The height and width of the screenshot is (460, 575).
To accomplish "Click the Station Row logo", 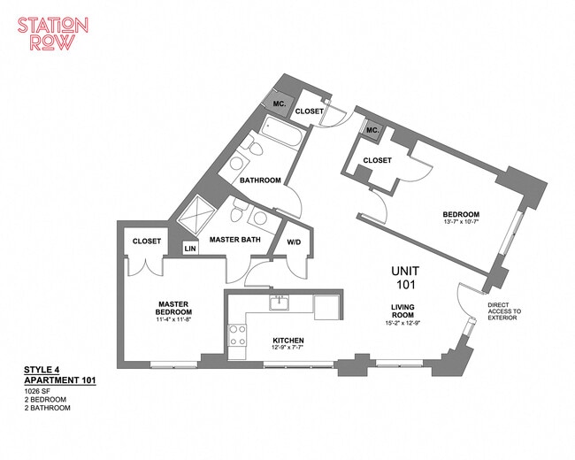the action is (53, 34).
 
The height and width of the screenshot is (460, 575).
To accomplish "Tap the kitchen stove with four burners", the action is (237, 335).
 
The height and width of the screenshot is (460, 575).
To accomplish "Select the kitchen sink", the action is (279, 303).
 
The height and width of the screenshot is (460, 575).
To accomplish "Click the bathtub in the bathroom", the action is (282, 134).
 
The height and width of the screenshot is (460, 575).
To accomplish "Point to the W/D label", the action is (294, 242).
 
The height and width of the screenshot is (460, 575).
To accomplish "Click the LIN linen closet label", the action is (190, 249).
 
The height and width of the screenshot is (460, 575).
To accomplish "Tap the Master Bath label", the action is (235, 240).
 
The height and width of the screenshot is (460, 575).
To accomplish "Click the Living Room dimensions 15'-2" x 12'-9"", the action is (402, 324).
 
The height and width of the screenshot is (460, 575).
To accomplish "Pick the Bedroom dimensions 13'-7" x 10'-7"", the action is (461, 221).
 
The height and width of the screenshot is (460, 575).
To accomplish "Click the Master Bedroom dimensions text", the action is (173, 319).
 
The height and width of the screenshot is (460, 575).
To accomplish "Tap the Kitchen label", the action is (287, 341).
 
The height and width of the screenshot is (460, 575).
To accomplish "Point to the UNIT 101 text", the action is (405, 277).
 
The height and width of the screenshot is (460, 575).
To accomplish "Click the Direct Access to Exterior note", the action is (504, 311).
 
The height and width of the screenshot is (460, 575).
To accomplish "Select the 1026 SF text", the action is (36, 391).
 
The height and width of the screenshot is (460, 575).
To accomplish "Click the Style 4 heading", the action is (42, 370).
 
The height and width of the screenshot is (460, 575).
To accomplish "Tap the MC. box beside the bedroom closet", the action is (372, 130).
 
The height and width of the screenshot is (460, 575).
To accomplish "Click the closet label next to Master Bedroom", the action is (147, 241).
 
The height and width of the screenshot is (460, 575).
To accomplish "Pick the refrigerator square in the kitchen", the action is (326, 307).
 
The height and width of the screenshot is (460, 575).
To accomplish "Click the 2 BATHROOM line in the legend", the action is (47, 408).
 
